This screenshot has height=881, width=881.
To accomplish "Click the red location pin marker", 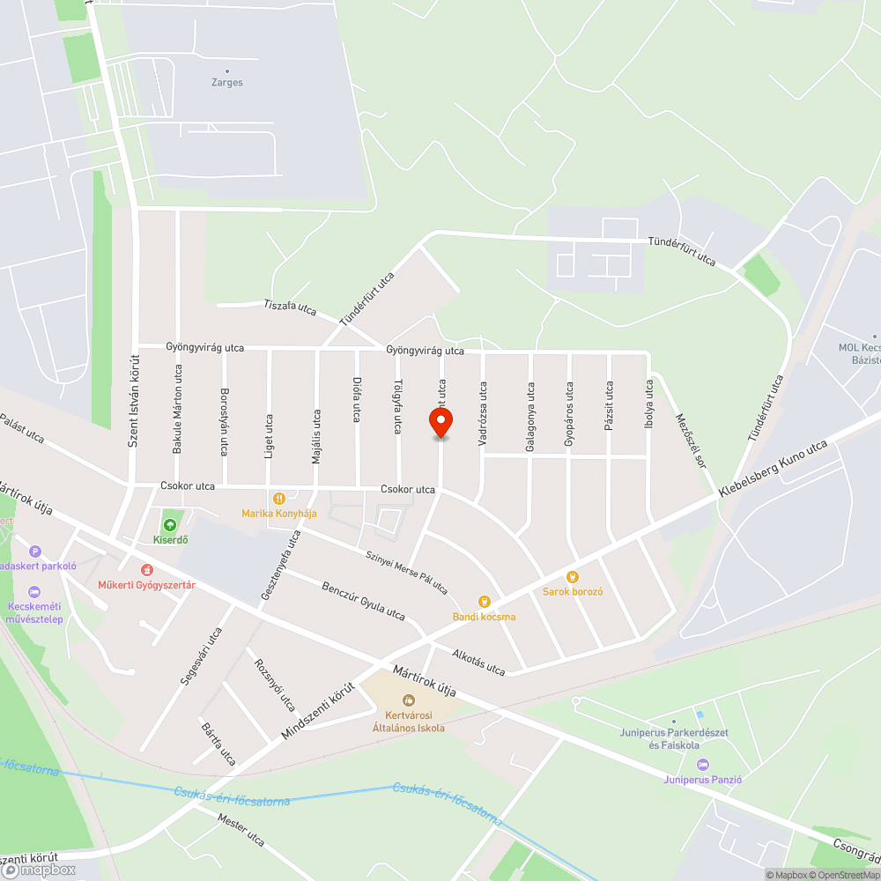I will tap(440, 422).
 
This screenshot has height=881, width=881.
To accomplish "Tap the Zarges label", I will tap(227, 82).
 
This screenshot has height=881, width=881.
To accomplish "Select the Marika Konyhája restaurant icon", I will tap(280, 499).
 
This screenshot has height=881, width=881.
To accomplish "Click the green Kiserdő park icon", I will tap(170, 525).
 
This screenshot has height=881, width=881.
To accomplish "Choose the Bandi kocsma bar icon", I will tap(484, 602).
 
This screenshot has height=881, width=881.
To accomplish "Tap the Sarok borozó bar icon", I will tap(573, 577).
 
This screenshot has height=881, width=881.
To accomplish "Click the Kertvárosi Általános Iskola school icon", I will tap(408, 700).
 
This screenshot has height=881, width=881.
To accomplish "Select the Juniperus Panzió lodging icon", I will tap(702, 764).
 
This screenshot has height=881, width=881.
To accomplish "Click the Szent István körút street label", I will tap(134, 402).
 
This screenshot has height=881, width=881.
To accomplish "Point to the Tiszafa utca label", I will tap(290, 307).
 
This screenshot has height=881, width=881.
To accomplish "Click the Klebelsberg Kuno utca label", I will tap(773, 468).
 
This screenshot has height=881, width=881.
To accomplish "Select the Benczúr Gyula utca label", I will tap(363, 601).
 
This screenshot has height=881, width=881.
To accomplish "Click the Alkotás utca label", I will tap(478, 663).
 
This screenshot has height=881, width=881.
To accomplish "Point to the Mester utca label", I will tap(241, 827).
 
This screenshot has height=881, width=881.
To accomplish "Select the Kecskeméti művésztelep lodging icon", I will tap(34, 591).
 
